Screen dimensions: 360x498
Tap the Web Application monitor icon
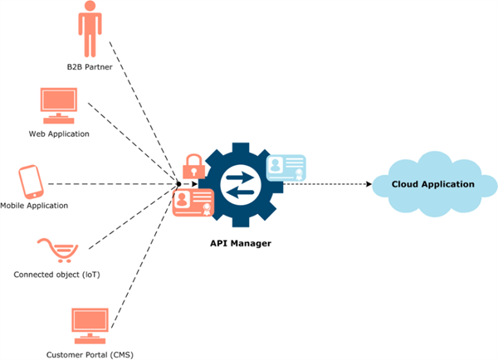(x=60, y=106)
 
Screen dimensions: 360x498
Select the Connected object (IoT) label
(x=56, y=273)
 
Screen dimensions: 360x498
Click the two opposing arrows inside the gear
(x=241, y=183)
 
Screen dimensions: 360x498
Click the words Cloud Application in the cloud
(x=432, y=184)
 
